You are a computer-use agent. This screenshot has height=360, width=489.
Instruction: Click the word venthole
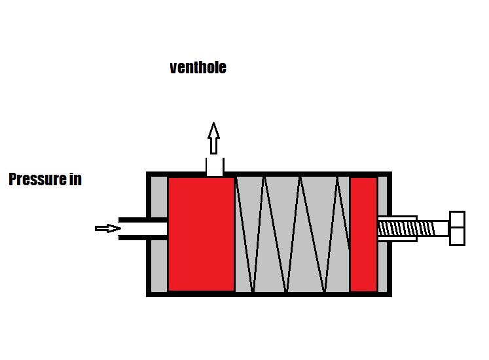point(198,67)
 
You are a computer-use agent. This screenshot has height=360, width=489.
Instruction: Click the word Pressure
point(37,179)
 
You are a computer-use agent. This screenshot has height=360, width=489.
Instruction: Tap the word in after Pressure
point(75,179)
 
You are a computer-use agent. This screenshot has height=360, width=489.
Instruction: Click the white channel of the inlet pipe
point(144,228)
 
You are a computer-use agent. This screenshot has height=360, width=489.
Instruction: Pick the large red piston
point(201,234)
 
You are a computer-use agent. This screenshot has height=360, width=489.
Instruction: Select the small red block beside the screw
point(363,234)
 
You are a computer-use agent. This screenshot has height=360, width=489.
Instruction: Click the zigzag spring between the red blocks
point(292,234)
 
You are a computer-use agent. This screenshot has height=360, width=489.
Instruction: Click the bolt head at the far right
point(457,228)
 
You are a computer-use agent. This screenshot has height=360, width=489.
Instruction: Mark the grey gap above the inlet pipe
point(159,196)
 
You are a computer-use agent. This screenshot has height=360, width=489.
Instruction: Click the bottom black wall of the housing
point(268,294)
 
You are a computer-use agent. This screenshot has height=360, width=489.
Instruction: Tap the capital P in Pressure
point(13,179)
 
